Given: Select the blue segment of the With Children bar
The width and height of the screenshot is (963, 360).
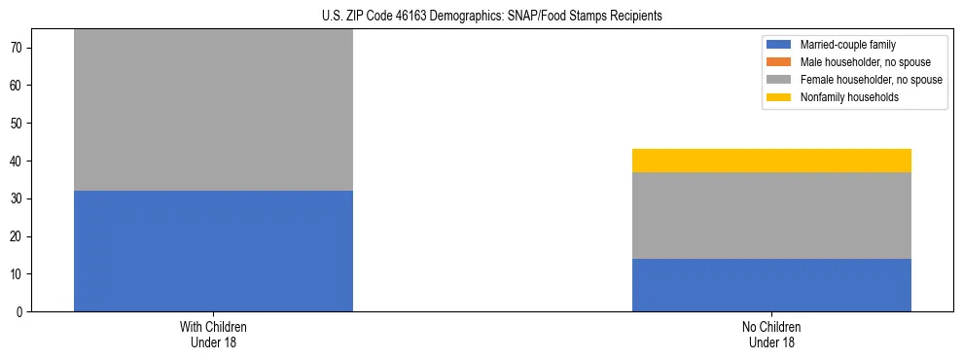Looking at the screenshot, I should pyautogui.click(x=213, y=251).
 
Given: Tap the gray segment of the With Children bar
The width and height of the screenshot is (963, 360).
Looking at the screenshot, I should pyautogui.click(x=213, y=110).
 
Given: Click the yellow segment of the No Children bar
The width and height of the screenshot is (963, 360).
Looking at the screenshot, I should pyautogui.click(x=771, y=161).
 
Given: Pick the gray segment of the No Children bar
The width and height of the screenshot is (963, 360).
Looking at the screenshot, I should pyautogui.click(x=771, y=215).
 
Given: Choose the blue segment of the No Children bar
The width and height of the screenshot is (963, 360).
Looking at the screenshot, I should pyautogui.click(x=771, y=285).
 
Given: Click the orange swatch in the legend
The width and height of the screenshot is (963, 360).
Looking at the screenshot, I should pyautogui.click(x=779, y=62).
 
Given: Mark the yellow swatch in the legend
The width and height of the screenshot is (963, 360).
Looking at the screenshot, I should pyautogui.click(x=779, y=97).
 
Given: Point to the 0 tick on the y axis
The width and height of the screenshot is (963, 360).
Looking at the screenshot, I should pyautogui.click(x=19, y=312).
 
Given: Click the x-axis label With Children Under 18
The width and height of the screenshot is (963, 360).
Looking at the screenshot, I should pyautogui.click(x=213, y=335).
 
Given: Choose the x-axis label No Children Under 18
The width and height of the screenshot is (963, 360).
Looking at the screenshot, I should pyautogui.click(x=771, y=335).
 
